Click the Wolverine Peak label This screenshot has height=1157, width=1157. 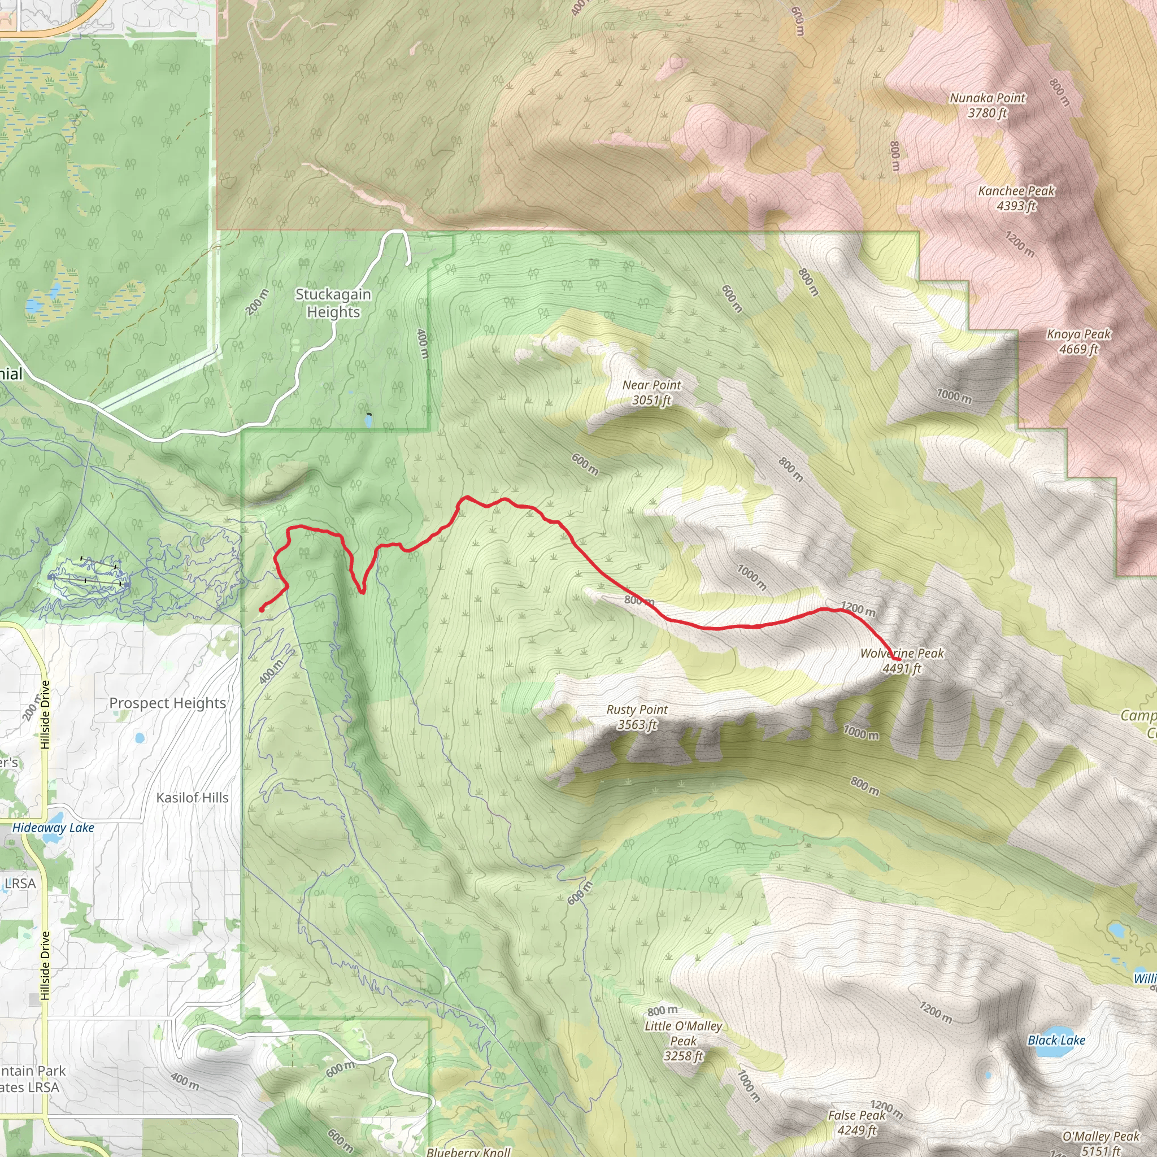click(x=902, y=660)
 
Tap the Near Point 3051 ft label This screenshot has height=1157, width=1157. click(x=651, y=392)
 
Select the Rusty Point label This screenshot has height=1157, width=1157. click(x=637, y=717)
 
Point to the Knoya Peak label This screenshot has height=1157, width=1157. click(x=1078, y=341)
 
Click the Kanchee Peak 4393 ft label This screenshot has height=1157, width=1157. click(x=1016, y=198)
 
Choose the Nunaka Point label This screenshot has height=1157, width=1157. click(x=988, y=105)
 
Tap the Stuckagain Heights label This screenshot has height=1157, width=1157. click(x=333, y=303)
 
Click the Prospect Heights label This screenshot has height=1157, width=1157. click(x=168, y=703)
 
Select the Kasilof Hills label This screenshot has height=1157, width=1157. click(x=192, y=798)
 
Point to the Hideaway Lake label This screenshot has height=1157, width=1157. click(x=53, y=828)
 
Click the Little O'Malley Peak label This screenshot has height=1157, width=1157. click(x=684, y=1041)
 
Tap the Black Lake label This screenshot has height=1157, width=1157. click(x=1056, y=1040)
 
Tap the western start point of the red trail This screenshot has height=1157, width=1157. click(x=262, y=610)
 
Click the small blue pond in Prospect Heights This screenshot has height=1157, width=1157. click(x=140, y=738)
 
